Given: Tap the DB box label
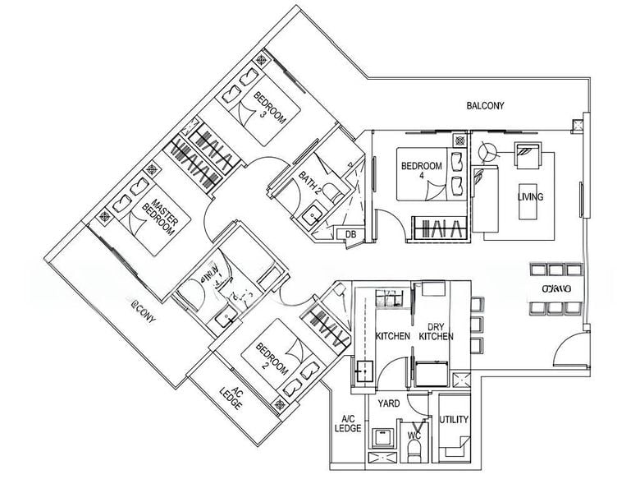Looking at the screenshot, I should (350, 235).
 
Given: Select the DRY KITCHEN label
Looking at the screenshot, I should (436, 331).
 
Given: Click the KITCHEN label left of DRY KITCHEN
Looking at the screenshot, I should (392, 337).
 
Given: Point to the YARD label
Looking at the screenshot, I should (388, 403).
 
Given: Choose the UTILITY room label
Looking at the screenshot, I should (454, 420).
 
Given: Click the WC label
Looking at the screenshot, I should (414, 425).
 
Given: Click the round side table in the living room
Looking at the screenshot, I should (489, 152).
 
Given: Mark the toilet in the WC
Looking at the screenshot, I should (414, 448).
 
